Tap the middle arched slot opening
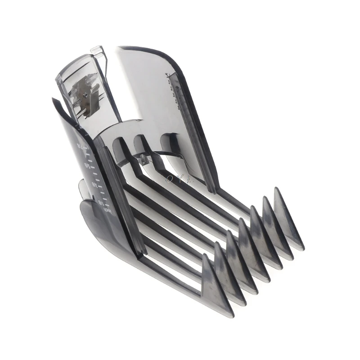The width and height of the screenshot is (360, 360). [143, 143]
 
